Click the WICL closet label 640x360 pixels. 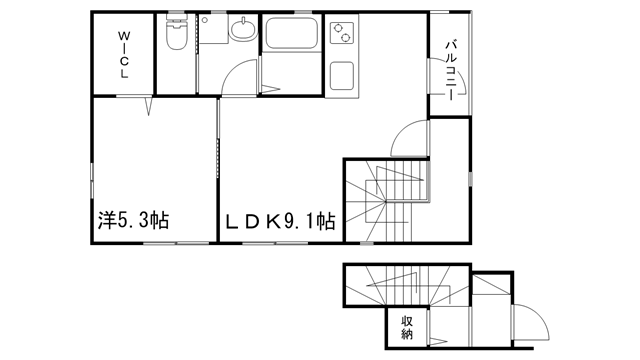(124, 55)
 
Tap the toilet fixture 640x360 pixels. (176, 33)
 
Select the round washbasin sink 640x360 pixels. (243, 29)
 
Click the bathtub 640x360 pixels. (291, 33)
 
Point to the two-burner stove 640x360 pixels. (342, 33)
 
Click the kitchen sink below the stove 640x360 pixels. (342, 76)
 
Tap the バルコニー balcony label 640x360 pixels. (451, 70)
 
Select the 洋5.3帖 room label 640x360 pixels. (133, 220)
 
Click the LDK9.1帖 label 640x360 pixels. (281, 221)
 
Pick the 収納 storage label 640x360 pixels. (407, 327)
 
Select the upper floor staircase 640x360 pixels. (387, 201)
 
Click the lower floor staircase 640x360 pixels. (407, 285)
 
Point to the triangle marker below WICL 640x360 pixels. (149, 105)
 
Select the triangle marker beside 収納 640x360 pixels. (439, 341)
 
